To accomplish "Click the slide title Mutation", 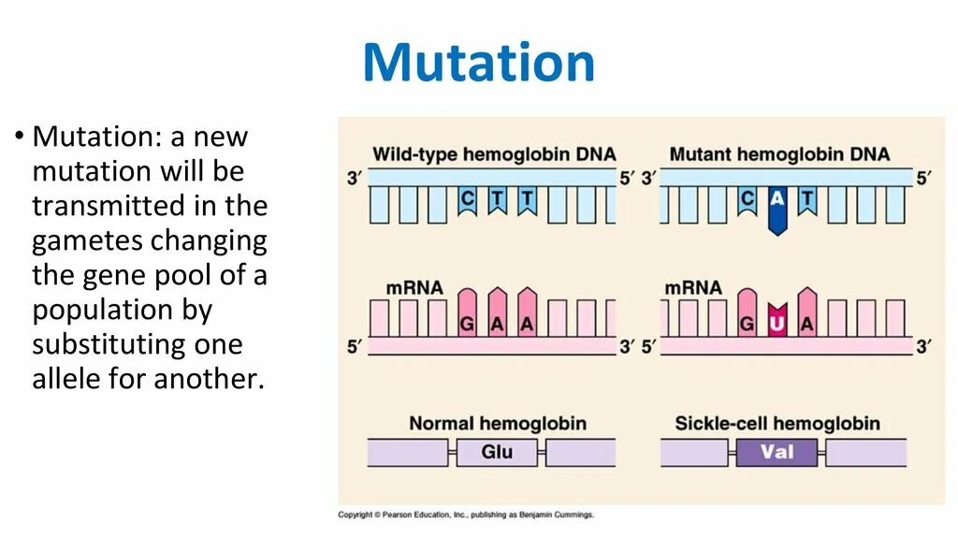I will pyautogui.click(x=478, y=64).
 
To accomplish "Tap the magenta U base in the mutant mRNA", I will pyautogui.click(x=777, y=323).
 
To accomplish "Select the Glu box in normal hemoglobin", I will pyautogui.click(x=497, y=453).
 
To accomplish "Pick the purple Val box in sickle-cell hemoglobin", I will pyautogui.click(x=777, y=453).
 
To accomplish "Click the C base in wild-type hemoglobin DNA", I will pyautogui.click(x=467, y=199).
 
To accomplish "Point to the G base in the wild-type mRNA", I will pyautogui.click(x=467, y=323).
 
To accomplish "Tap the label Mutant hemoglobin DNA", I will pyautogui.click(x=779, y=154).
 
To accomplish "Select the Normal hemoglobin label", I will pyautogui.click(x=497, y=424).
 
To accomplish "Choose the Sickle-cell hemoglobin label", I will pyautogui.click(x=777, y=424).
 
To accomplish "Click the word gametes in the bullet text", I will pyautogui.click(x=89, y=241).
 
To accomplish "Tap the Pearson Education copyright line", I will pyautogui.click(x=465, y=515).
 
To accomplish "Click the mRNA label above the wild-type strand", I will pyautogui.click(x=414, y=287).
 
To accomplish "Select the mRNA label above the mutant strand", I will pyautogui.click(x=693, y=287).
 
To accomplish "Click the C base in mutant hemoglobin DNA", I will pyautogui.click(x=747, y=199).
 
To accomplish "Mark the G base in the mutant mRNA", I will pyautogui.click(x=747, y=323).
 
